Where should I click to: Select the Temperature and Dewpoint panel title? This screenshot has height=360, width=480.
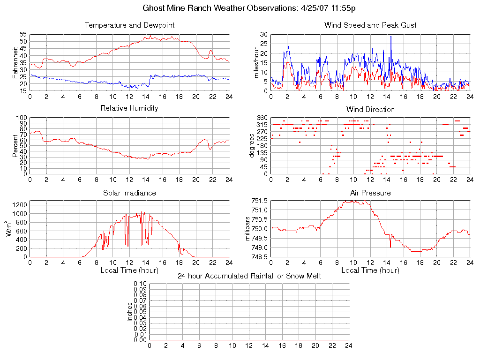tap(130, 25)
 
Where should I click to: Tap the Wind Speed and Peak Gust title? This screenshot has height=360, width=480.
tap(370, 25)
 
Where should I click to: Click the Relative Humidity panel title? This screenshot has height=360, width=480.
tap(129, 108)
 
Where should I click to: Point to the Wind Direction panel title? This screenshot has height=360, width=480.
tap(370, 109)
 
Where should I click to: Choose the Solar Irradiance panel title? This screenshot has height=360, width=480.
tap(129, 193)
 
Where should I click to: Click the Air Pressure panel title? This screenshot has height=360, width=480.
tap(370, 193)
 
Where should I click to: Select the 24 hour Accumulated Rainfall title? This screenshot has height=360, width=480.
tap(249, 276)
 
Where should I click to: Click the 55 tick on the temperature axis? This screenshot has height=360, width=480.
tap(23, 35)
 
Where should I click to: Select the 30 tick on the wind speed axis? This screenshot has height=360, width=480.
tap(263, 35)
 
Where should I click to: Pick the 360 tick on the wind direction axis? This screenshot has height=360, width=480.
tap(262, 118)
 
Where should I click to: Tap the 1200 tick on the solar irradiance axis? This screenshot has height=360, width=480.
tap(20, 205)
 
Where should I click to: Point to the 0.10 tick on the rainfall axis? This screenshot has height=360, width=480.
tap(140, 284)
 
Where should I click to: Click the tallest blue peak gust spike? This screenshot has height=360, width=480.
tap(390, 37)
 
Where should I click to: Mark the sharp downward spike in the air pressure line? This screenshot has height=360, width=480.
tap(390, 246)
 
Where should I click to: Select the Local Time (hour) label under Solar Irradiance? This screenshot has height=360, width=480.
tap(129, 270)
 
